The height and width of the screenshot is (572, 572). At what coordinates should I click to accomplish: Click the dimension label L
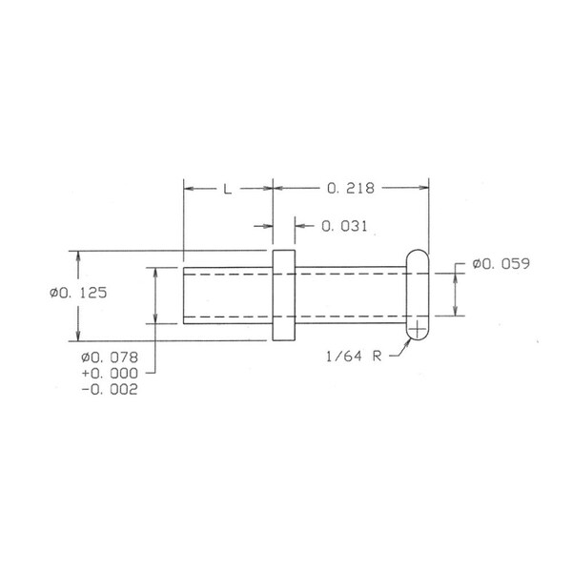coord(227,189)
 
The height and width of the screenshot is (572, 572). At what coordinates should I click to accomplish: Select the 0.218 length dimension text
coord(351,188)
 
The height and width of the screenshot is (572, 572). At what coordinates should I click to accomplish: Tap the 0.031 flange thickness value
coord(344,226)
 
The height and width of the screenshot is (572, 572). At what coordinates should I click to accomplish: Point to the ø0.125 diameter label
coord(78,293)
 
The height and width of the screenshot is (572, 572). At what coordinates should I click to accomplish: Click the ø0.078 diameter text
coord(110,357)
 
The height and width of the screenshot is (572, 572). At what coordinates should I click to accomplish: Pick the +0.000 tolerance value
coord(110,374)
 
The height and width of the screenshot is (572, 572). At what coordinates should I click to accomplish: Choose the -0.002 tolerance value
coord(110,390)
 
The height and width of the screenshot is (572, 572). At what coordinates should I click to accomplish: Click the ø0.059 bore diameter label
coord(500,264)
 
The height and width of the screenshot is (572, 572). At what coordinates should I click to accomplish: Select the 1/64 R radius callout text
coord(354,356)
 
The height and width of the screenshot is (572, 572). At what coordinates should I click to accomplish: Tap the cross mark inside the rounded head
coord(418,330)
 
